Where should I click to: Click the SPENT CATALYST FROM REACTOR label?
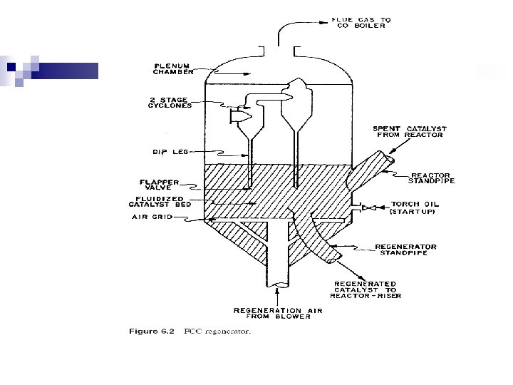(410, 132)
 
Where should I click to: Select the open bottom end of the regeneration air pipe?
(274, 286)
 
